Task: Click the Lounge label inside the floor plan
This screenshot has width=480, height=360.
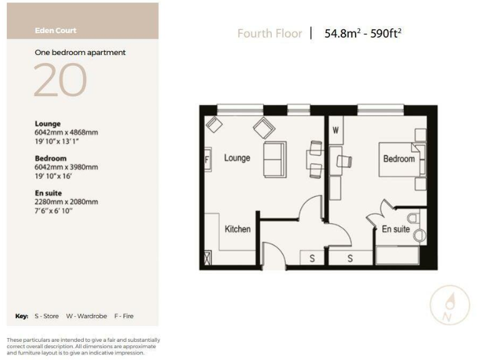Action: click(x=237, y=158)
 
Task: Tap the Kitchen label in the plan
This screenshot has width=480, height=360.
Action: click(x=237, y=229)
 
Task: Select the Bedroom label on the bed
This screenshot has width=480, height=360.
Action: click(x=399, y=159)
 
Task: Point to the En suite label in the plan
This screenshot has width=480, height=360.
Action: click(x=396, y=229)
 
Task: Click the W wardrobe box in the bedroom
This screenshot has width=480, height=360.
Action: click(x=336, y=131)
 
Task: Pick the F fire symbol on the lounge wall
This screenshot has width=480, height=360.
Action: click(x=207, y=159)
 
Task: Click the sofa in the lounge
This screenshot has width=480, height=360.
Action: click(x=274, y=159)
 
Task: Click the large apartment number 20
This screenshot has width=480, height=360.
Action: click(x=60, y=81)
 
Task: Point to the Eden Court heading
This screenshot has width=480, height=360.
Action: click(x=56, y=30)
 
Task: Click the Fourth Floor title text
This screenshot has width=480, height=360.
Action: click(x=269, y=34)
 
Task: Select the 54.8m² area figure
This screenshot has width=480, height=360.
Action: click(x=341, y=34)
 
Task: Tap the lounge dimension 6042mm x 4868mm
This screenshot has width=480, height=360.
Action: click(x=66, y=132)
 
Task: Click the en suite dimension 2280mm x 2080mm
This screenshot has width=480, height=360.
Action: click(x=66, y=202)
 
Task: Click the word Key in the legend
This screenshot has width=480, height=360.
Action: click(x=22, y=316)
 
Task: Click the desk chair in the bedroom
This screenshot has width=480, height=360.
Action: click(x=344, y=161)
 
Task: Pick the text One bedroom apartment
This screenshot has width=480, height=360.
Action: click(x=80, y=53)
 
